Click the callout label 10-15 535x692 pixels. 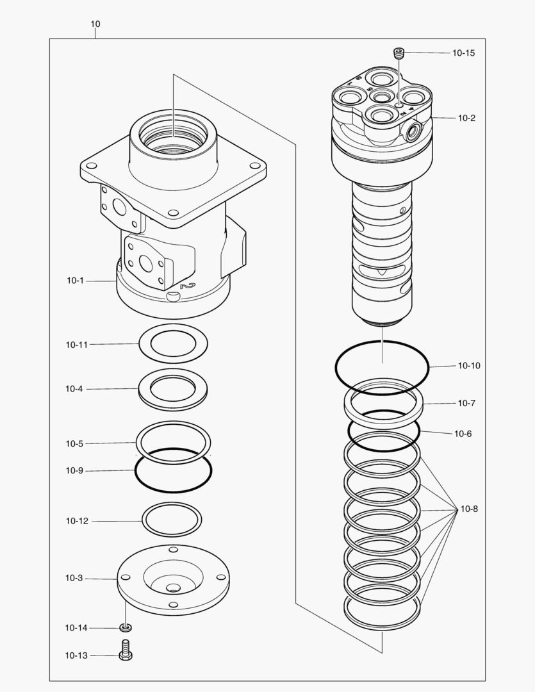tap(463, 53)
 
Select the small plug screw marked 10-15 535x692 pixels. tap(399, 53)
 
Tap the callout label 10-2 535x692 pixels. tap(466, 118)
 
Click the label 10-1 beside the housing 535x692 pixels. tap(76, 280)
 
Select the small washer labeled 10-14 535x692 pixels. tap(126, 627)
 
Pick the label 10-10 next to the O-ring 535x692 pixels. tap(468, 366)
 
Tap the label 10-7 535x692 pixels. tap(466, 403)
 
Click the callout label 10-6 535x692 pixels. tap(463, 434)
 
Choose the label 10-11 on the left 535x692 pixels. tap(76, 344)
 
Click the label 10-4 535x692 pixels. tap(74, 389)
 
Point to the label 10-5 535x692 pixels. tap(74, 443)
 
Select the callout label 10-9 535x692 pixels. tap(74, 470)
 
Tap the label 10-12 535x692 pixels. tap(76, 521)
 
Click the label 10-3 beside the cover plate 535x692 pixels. tap(74, 578)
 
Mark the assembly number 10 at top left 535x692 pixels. tap(95, 24)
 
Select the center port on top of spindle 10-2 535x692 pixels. tap(383, 97)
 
